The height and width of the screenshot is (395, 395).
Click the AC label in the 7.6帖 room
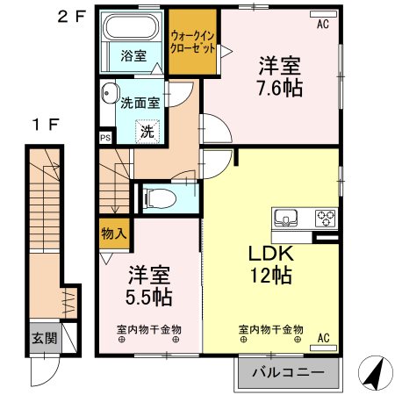point(323,24)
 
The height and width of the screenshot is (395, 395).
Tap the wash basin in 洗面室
point(108,92)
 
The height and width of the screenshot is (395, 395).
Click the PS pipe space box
point(105,138)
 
